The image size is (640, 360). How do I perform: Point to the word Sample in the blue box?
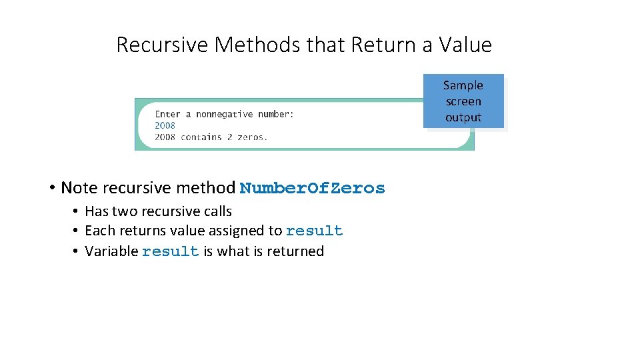(463, 85)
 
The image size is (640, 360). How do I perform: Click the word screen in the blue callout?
(463, 101)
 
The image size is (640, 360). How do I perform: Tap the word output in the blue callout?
(463, 117)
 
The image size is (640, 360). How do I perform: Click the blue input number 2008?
(165, 125)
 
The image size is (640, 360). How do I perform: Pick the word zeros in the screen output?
(251, 137)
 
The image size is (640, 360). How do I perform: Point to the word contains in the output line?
(201, 137)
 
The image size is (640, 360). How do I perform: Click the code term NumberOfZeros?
(312, 188)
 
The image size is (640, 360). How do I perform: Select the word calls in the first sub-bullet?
(217, 211)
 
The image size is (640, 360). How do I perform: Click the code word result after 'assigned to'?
(314, 231)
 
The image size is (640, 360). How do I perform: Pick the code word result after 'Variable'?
(170, 251)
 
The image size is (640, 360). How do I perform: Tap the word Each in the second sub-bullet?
(98, 231)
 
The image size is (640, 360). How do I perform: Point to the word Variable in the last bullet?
(111, 251)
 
